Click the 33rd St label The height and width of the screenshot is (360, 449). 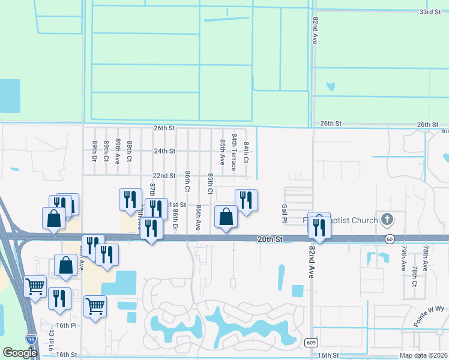pyautogui.click(x=430, y=12)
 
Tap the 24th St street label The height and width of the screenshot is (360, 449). pyautogui.click(x=164, y=151)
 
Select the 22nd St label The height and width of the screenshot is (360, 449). pyautogui.click(x=164, y=176)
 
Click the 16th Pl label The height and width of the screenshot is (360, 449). pyautogui.click(x=66, y=325)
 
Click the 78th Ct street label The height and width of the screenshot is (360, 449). pyautogui.click(x=414, y=275)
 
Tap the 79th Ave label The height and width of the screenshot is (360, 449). pyautogui.click(x=405, y=256)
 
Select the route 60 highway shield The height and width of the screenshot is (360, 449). pyautogui.click(x=390, y=239)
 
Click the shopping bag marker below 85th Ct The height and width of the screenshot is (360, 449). pyautogui.click(x=226, y=218)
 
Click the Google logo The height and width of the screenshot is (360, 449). pyautogui.click(x=19, y=353)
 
